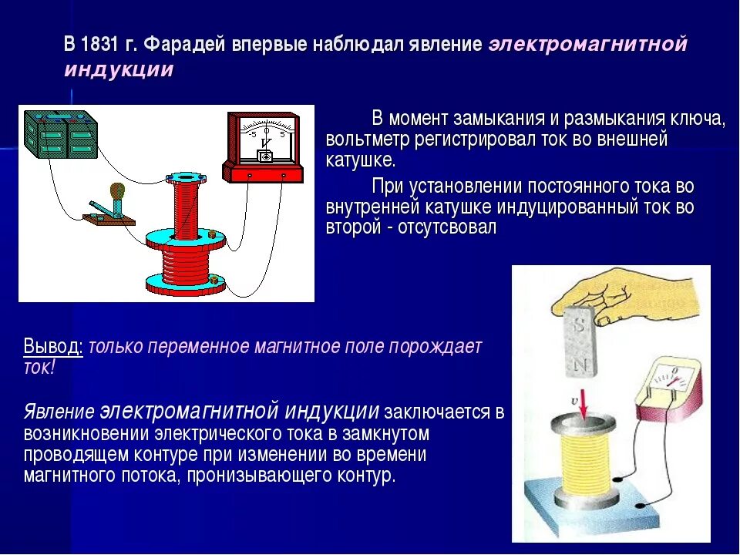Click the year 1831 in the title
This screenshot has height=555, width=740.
(103, 44)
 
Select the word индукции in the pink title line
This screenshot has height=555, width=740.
(119, 69)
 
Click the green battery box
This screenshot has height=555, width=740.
(61, 134)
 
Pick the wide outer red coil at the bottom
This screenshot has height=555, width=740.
(185, 266)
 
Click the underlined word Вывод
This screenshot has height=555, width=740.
(53, 346)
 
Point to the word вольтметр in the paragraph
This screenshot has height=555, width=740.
(363, 140)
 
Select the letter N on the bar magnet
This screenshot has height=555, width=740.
(584, 363)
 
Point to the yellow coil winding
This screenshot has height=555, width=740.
(582, 462)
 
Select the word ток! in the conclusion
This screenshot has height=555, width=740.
(39, 367)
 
